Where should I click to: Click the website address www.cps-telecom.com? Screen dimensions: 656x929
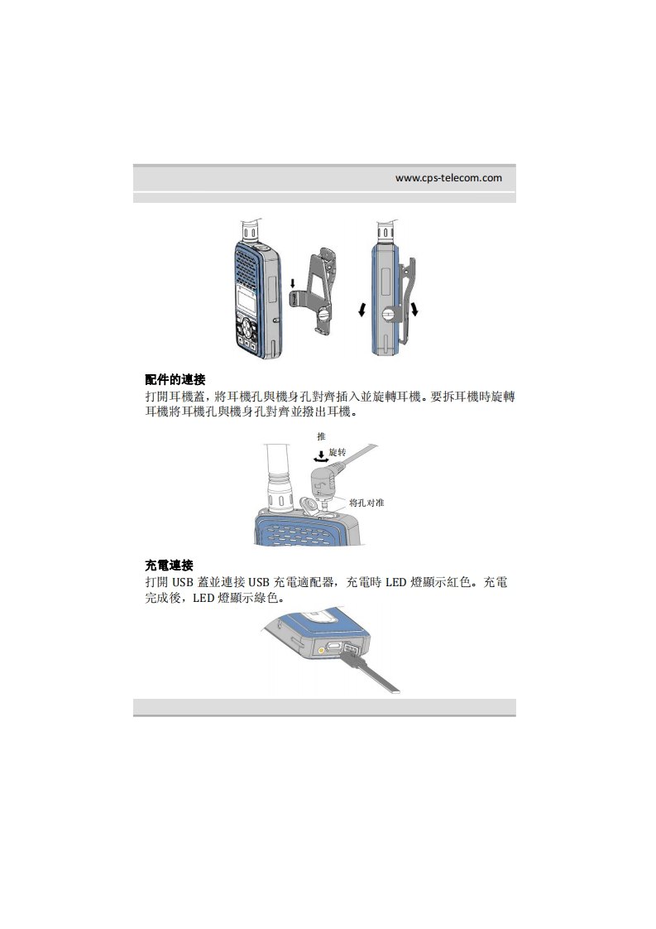pos(448,178)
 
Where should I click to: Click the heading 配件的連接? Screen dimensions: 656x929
pos(175,379)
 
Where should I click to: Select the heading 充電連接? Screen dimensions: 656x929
pos(170,566)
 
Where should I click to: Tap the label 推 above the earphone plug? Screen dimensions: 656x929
pos(321,436)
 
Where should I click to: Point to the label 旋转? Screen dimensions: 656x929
pos(338,453)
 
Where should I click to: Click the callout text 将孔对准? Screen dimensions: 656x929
pos(366,503)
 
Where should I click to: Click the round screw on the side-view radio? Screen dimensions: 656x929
pos(389,314)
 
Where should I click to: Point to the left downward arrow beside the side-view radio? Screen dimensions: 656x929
pos(362,310)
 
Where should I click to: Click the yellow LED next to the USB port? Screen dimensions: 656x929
pos(321,650)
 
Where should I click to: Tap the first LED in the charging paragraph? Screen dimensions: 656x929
pos(395,582)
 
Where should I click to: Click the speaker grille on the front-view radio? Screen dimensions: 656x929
pos(247,265)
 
